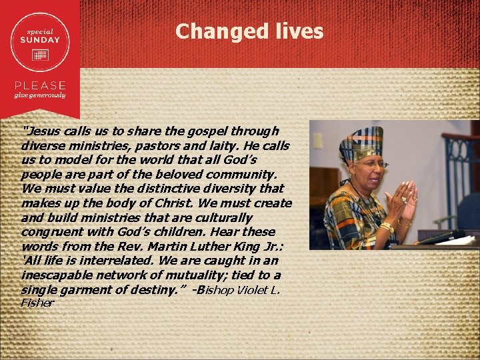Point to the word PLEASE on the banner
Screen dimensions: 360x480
pos(41,85)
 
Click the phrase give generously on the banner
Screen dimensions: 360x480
pos(41,95)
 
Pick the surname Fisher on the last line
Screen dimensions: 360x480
pos(37,303)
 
